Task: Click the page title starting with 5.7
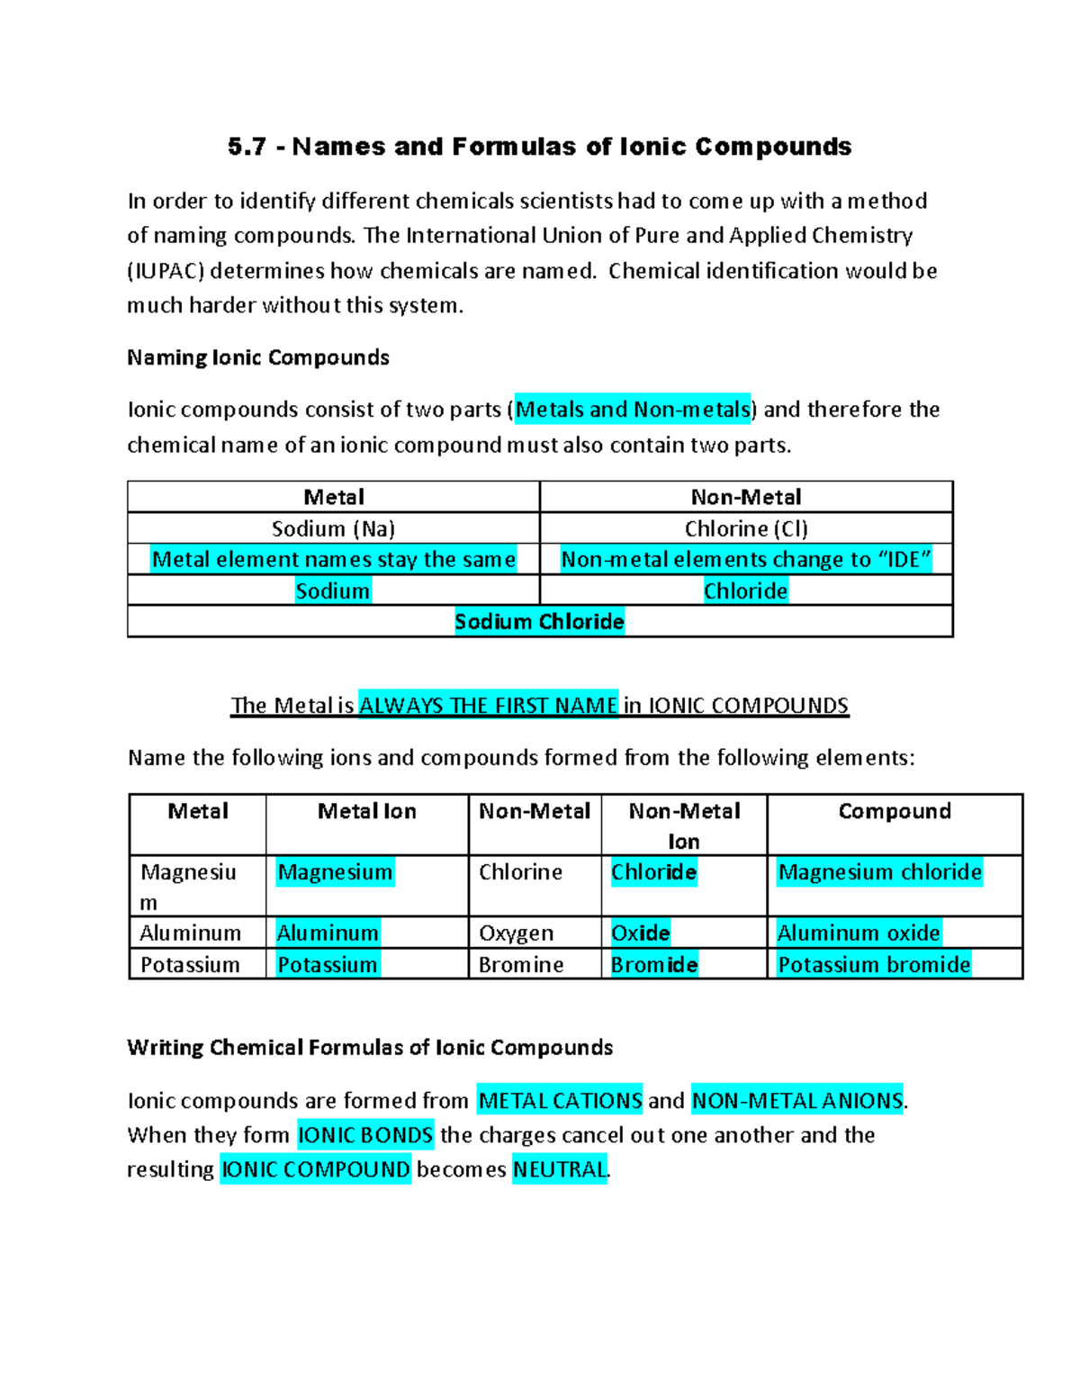click(x=539, y=147)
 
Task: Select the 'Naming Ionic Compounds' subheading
click(x=258, y=357)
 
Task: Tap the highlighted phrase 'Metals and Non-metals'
click(x=633, y=410)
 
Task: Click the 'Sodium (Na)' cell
click(x=333, y=528)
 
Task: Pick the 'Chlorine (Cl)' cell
click(x=746, y=528)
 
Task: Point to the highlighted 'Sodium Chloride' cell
click(x=539, y=621)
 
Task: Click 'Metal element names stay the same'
click(x=333, y=559)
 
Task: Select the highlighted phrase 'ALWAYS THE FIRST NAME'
click(x=488, y=705)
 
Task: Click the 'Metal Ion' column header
click(x=366, y=811)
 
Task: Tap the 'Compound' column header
click(x=895, y=811)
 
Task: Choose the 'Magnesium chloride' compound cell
click(x=879, y=872)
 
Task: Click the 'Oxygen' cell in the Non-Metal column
click(x=516, y=934)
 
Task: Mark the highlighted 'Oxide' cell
click(x=640, y=934)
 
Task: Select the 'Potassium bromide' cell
click(x=874, y=965)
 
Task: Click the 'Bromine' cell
click(x=521, y=965)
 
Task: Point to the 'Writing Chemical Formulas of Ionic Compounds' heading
click(x=370, y=1047)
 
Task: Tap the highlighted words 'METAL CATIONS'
click(x=560, y=1101)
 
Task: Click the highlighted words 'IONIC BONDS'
click(x=365, y=1135)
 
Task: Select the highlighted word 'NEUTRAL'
click(x=559, y=1169)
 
